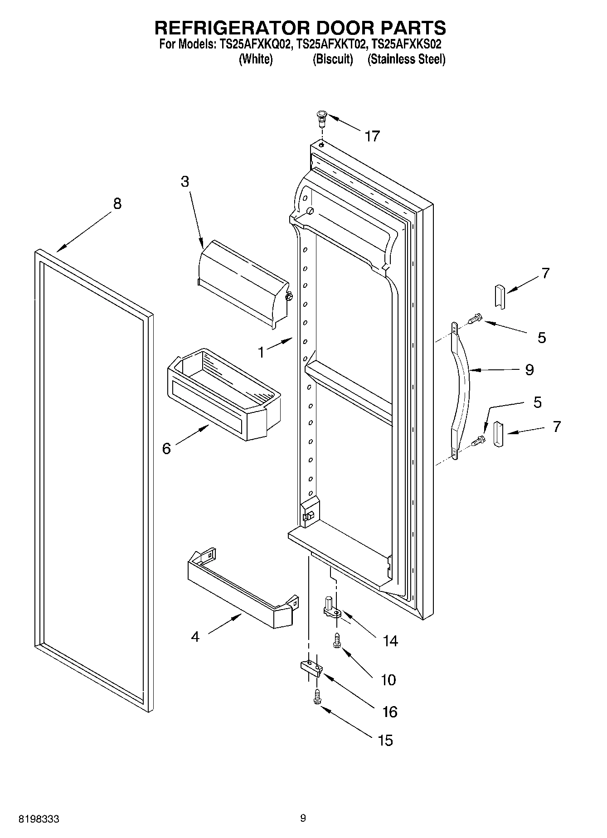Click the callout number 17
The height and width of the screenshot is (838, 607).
point(372,136)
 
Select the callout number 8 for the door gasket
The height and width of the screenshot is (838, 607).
point(117,204)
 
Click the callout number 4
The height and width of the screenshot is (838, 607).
point(195,637)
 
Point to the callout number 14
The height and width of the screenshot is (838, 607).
point(390,641)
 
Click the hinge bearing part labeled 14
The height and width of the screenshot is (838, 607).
point(332,608)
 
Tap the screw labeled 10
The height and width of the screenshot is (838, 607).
point(337,640)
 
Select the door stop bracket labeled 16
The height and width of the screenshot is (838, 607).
point(311,668)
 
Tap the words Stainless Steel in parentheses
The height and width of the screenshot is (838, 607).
point(406,59)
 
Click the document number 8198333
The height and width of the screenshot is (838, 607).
point(39,819)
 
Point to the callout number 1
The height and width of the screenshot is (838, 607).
point(261,352)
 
